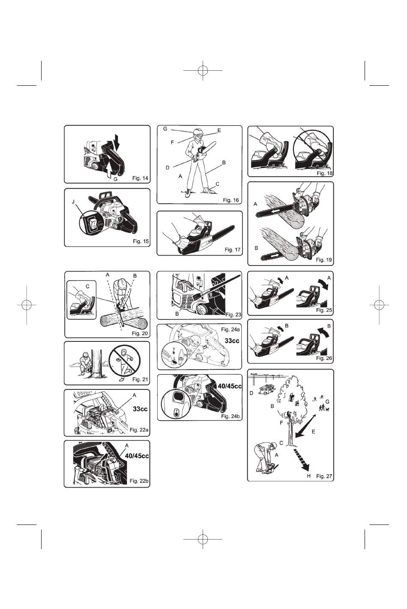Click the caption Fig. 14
[x=140, y=178]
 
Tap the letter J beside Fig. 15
[x=73, y=202]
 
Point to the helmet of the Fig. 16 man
[x=198, y=131]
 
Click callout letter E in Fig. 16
[x=219, y=130]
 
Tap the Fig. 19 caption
[x=323, y=260]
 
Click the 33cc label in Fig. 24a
[x=232, y=341]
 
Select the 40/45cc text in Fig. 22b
[x=137, y=455]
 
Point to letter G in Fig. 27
[x=327, y=401]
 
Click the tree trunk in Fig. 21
[x=96, y=364]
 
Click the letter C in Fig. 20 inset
[x=87, y=286]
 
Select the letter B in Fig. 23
[x=177, y=314]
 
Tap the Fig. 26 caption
[x=324, y=359]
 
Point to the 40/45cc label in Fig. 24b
[x=230, y=386]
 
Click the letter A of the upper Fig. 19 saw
[x=255, y=204]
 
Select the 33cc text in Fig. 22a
[x=140, y=409]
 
